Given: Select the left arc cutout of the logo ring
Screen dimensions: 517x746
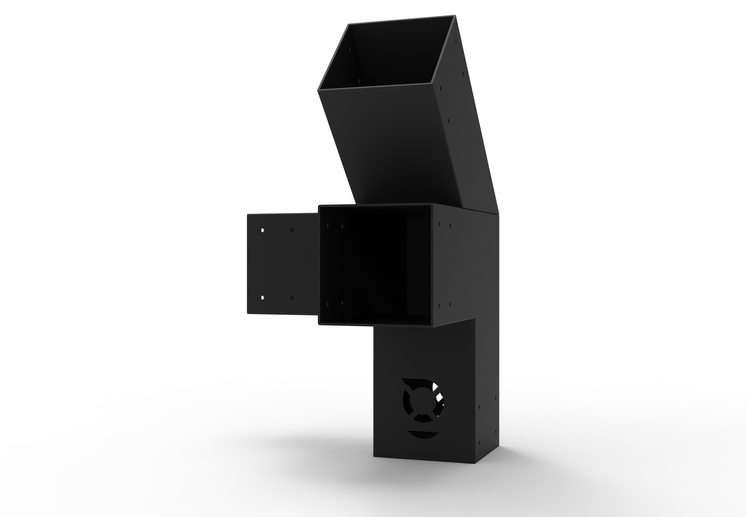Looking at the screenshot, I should click(x=405, y=402).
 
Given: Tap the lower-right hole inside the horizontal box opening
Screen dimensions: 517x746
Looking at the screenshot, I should click(x=342, y=303).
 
